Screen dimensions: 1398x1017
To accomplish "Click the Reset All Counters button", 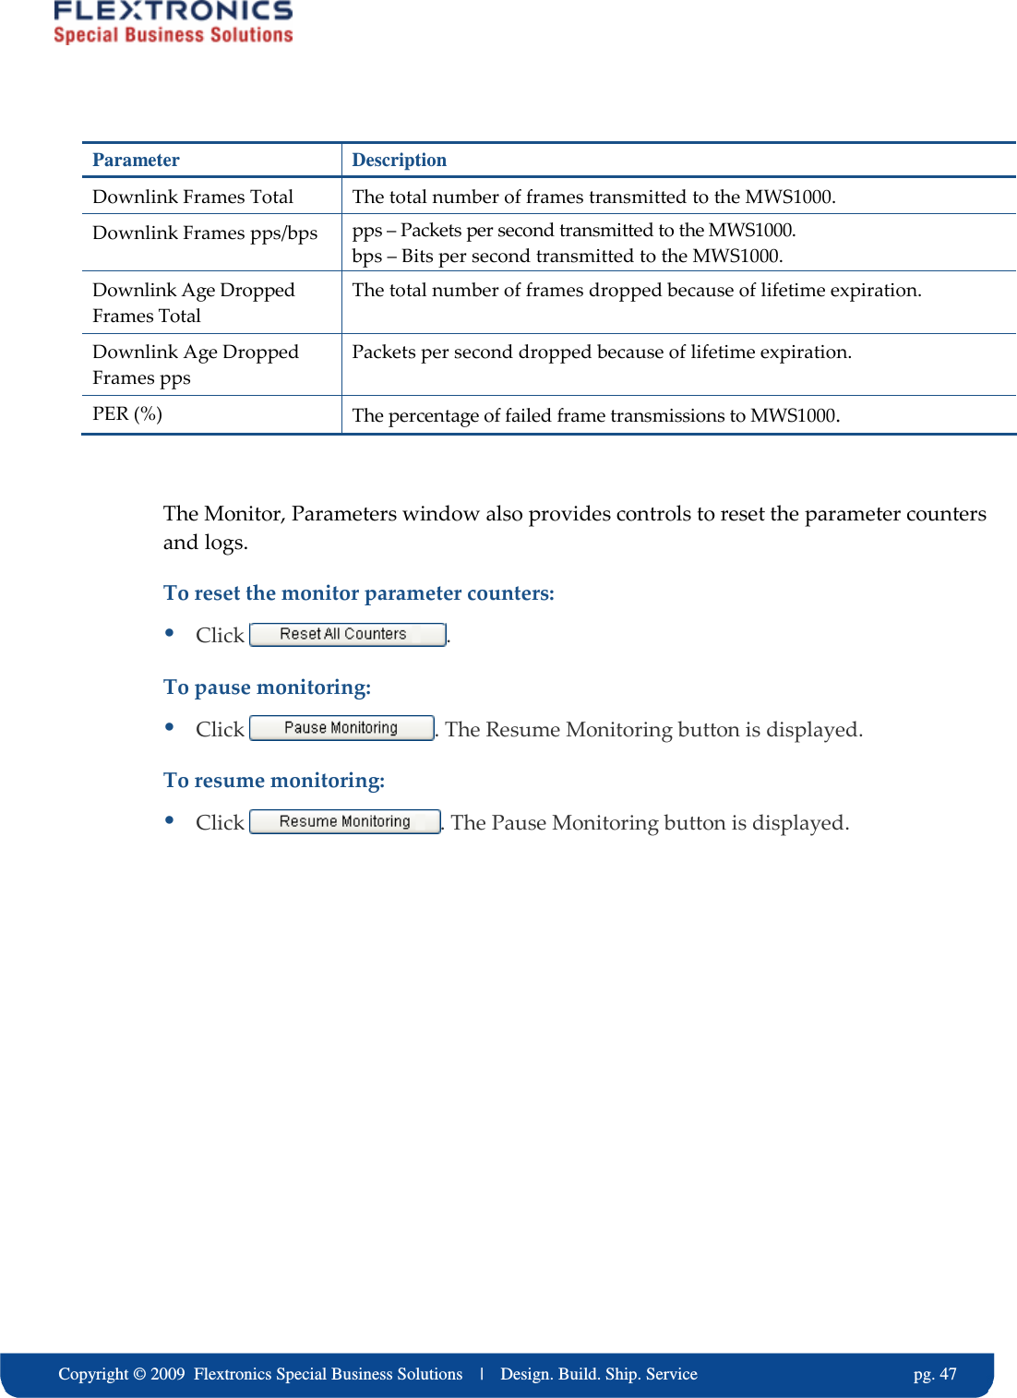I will tap(347, 635).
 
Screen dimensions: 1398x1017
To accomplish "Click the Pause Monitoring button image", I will tap(341, 728).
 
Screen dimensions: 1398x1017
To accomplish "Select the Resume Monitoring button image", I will tap(345, 821).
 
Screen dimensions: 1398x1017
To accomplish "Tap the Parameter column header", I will tap(136, 161).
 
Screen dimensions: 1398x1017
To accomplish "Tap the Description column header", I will tap(399, 161).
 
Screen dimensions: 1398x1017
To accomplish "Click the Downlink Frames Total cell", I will tap(193, 197).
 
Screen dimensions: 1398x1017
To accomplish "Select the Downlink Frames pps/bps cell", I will tap(205, 233).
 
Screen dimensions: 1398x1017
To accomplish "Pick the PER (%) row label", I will tap(127, 414).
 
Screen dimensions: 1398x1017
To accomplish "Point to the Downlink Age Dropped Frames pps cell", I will tap(195, 364).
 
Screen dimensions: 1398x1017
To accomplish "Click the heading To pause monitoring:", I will tap(267, 687).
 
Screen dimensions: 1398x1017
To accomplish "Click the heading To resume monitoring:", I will tap(274, 781).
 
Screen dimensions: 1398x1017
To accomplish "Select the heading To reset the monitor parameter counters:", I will tap(358, 593).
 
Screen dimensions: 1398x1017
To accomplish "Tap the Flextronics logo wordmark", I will tap(173, 11).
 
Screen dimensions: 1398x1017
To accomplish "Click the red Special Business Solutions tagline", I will tap(173, 35).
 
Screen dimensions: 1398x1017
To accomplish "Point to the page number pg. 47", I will tap(934, 1374).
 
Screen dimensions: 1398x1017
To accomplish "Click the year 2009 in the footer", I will tap(167, 1374).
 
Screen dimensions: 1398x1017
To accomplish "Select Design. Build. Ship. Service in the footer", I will tap(598, 1374).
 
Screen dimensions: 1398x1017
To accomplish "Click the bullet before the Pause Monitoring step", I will tap(170, 726).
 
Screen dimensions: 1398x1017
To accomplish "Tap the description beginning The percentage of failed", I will tap(595, 416).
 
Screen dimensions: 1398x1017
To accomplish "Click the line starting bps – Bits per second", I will tap(567, 257).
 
